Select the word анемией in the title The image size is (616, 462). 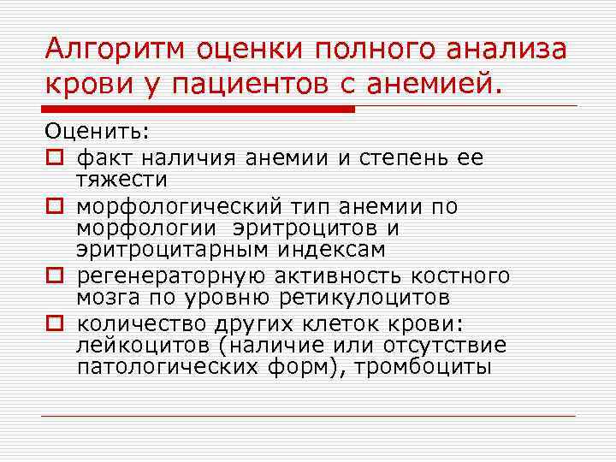tap(439, 86)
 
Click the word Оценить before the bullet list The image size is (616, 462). tap(97, 133)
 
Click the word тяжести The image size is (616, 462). tap(122, 180)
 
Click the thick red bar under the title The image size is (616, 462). tap(198, 109)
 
